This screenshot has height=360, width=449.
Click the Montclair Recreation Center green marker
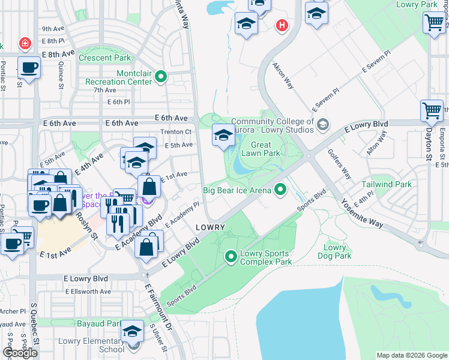161,77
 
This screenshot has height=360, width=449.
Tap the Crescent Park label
104,58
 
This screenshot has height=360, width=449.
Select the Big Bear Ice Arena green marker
280,191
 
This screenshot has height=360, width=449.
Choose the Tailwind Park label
387,184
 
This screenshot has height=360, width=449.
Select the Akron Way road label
283,75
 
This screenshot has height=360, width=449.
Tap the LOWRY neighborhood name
210,227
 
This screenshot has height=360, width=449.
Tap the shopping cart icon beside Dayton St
432,111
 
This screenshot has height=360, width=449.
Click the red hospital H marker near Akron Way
281,25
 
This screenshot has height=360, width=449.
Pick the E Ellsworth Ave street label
88,292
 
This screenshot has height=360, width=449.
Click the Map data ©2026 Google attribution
411,355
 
